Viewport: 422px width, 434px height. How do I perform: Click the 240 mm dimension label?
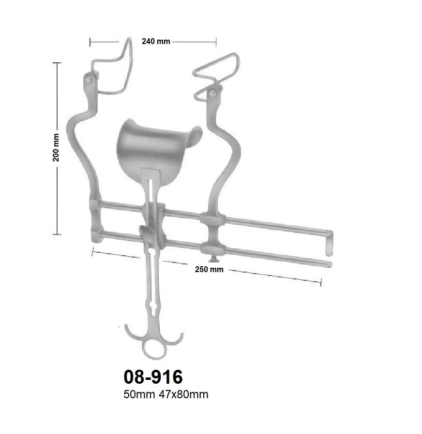pyautogui.click(x=155, y=42)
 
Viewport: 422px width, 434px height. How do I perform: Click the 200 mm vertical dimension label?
pyautogui.click(x=57, y=147)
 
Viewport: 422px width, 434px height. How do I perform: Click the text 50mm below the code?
pyautogui.click(x=137, y=395)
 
